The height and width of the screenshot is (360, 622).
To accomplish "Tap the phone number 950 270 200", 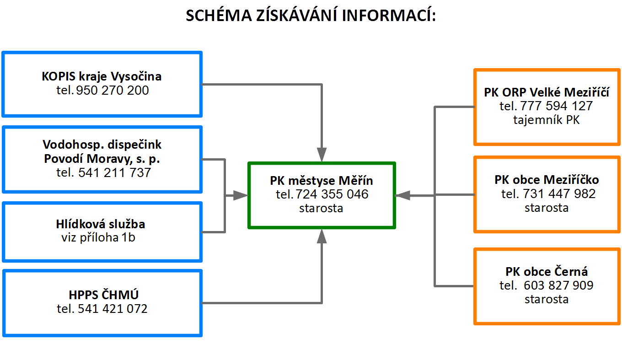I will click(x=113, y=91).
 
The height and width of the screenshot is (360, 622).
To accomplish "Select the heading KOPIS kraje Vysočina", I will click(x=102, y=76).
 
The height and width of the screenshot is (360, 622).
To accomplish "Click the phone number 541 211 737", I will click(x=114, y=173).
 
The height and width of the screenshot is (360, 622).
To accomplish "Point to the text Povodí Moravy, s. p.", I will click(x=102, y=159).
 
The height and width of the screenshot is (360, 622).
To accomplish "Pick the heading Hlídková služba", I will click(x=101, y=224).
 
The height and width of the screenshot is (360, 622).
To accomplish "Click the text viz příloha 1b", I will click(x=98, y=238).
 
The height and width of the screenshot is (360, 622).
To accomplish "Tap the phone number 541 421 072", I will click(x=113, y=309).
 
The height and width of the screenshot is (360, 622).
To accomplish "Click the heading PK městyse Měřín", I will click(x=321, y=181).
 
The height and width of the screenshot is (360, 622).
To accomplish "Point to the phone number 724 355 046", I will click(x=332, y=194).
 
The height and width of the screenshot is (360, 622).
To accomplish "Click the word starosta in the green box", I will click(x=321, y=208).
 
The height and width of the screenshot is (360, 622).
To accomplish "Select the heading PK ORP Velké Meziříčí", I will click(x=547, y=92).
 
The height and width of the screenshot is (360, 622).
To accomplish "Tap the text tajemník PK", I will click(x=547, y=120).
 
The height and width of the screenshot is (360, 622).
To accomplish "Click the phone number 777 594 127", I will click(x=556, y=106).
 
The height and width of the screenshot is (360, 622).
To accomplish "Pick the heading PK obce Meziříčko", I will click(x=547, y=179).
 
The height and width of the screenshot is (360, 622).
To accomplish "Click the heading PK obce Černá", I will click(x=547, y=271).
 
